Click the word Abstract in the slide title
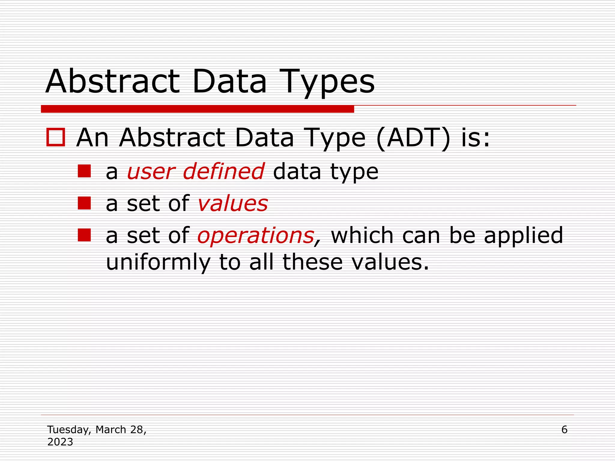(x=113, y=82)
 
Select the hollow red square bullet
(x=56, y=137)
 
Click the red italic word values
(x=233, y=204)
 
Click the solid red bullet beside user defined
(x=84, y=171)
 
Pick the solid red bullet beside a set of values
(x=84, y=203)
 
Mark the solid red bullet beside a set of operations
(x=84, y=235)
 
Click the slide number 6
(x=564, y=430)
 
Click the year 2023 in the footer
(x=60, y=442)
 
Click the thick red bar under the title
(x=197, y=109)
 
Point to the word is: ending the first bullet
(x=475, y=138)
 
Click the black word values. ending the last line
(x=390, y=262)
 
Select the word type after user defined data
(x=354, y=172)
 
